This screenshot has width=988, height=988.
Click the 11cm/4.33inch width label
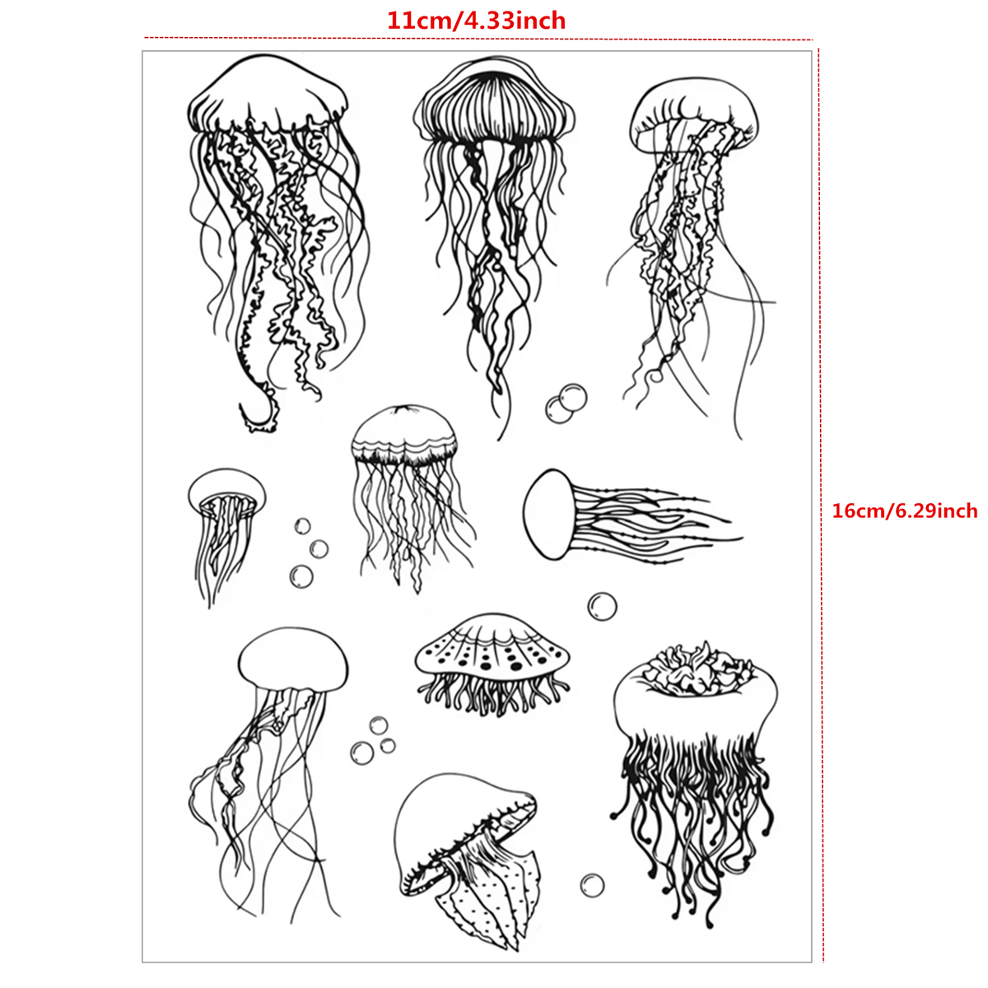click(477, 21)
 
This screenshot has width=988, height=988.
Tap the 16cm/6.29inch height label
click(904, 510)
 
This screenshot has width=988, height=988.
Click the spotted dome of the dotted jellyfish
click(492, 648)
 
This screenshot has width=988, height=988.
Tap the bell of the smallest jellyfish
click(226, 491)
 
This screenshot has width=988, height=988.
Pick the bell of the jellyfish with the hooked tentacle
click(268, 95)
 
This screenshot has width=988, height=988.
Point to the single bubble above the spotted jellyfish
click(602, 607)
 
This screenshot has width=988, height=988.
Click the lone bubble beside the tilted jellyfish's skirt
click(592, 885)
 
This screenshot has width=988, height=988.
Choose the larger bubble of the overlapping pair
click(573, 398)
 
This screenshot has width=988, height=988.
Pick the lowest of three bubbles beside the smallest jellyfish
click(301, 576)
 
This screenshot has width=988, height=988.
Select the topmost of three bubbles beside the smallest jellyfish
click(302, 526)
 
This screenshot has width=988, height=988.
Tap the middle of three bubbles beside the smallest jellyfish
click(319, 549)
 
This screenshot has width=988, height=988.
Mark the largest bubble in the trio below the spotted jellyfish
click(362, 753)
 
